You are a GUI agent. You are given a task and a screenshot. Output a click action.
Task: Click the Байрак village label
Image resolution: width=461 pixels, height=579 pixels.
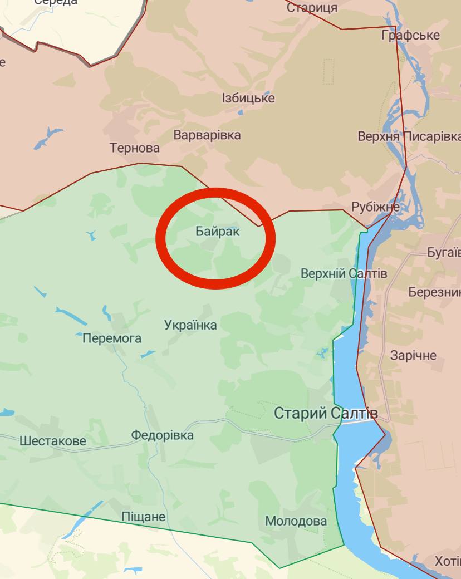(x=218, y=231)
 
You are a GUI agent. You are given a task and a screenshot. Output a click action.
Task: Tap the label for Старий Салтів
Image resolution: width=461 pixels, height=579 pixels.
(x=326, y=414)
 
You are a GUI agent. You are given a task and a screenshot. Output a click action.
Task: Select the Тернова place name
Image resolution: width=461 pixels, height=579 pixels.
(x=135, y=148)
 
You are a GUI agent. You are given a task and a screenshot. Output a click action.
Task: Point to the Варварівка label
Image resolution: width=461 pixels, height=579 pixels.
(x=207, y=135)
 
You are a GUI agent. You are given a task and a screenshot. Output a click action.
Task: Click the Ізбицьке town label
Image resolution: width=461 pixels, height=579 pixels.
(x=248, y=99)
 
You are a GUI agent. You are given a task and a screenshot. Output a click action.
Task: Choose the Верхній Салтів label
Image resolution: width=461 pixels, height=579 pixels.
(x=344, y=273)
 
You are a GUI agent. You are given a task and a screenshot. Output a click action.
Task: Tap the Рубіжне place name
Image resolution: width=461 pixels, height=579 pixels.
(x=375, y=207)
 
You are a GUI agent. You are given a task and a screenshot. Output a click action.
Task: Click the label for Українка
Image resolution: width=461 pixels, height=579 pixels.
(x=190, y=325)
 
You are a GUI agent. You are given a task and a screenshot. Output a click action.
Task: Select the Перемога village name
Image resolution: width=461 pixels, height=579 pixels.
(x=112, y=338)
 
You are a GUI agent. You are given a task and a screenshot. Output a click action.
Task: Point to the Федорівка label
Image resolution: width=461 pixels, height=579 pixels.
(x=163, y=435)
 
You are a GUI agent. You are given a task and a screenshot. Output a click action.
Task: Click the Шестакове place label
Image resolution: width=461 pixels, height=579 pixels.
(x=53, y=441)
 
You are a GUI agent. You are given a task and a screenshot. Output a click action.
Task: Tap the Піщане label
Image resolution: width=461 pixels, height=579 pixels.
(x=144, y=517)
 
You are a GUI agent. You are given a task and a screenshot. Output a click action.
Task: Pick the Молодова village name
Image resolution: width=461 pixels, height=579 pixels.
(x=296, y=522)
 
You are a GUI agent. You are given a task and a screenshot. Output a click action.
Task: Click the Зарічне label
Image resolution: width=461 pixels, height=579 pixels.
(x=413, y=356)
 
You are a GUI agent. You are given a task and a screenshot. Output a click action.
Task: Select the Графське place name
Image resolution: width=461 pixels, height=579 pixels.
(x=410, y=36)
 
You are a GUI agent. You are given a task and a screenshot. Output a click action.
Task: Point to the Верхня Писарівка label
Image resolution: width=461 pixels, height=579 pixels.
(x=409, y=136)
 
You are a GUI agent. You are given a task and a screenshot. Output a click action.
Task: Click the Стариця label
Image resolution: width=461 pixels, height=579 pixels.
(x=312, y=8)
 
